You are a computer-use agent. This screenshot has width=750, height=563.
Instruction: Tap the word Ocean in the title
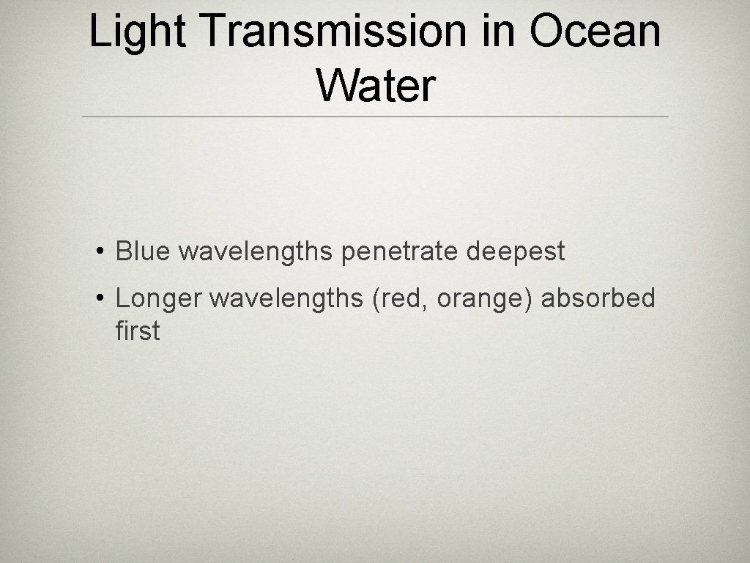pos(595,33)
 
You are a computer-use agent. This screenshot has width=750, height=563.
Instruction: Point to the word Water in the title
pos(376,86)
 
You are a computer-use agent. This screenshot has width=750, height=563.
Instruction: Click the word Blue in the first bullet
pos(143,251)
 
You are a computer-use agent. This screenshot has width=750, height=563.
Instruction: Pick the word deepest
pos(516,252)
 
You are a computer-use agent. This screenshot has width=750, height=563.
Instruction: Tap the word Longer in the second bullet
pos(158,299)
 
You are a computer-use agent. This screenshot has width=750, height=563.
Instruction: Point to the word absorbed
pos(598,298)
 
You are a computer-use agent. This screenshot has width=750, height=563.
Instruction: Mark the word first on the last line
pos(138,331)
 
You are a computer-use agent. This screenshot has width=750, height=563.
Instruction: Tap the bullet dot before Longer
pos(99,300)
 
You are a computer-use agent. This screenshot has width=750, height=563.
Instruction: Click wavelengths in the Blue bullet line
pos(256,251)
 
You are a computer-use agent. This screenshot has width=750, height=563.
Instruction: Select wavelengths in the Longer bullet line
pos(286,299)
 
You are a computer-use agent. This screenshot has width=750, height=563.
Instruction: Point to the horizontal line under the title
pos(375,117)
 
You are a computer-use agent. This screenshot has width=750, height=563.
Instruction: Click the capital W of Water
pos(335,86)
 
